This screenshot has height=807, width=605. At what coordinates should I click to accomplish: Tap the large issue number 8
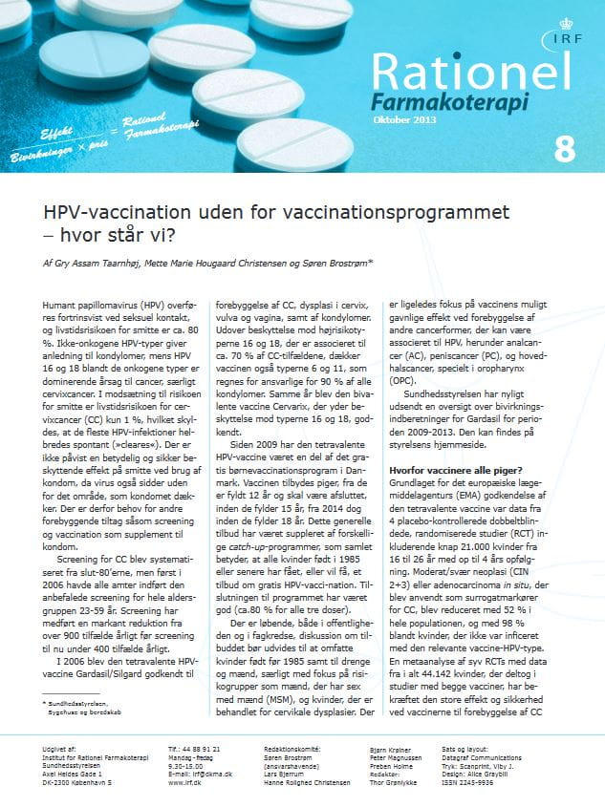[565, 150]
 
